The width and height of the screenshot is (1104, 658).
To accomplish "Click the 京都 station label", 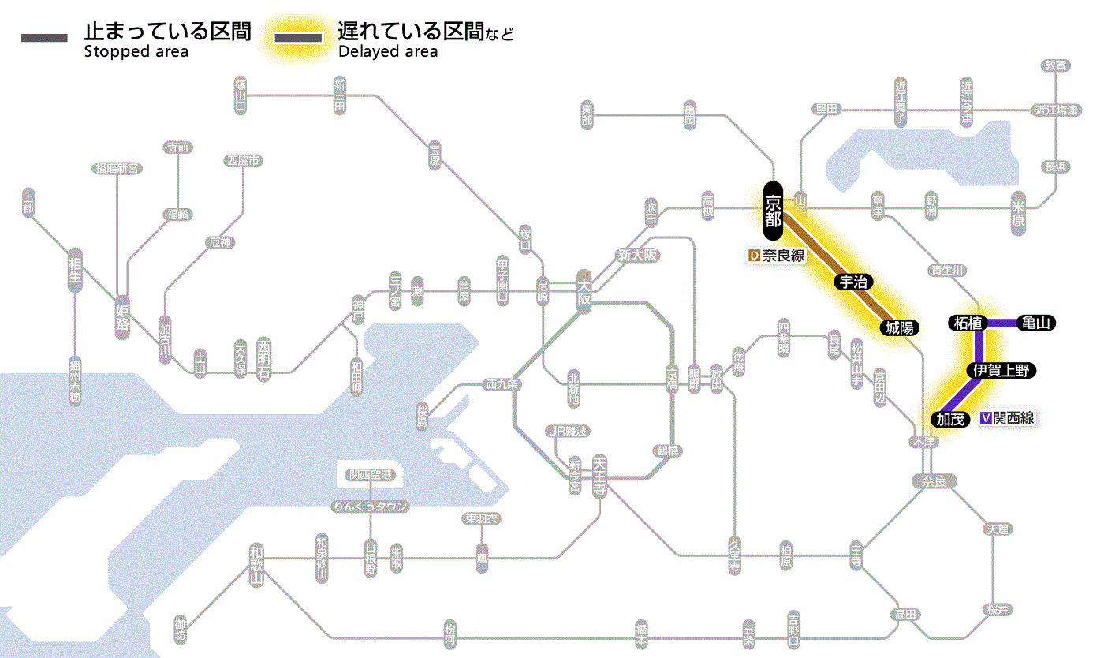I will (773, 211).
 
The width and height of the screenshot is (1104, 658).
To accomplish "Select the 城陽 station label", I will (899, 327).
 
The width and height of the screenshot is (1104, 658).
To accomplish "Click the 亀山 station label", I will (1037, 322).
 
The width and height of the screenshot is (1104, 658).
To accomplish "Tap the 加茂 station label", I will (951, 419).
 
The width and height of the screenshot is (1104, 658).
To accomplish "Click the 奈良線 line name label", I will (784, 256).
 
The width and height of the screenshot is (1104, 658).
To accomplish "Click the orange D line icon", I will (753, 256).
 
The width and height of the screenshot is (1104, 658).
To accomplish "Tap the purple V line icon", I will (985, 418).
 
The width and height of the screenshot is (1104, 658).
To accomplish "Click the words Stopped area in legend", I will (136, 52).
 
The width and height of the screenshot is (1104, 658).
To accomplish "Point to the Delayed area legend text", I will (388, 52).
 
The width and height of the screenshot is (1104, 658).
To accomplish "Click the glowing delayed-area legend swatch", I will (298, 38).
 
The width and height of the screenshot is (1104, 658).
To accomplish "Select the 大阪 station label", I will (584, 290).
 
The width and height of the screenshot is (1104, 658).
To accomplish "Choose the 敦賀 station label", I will (1055, 65).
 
